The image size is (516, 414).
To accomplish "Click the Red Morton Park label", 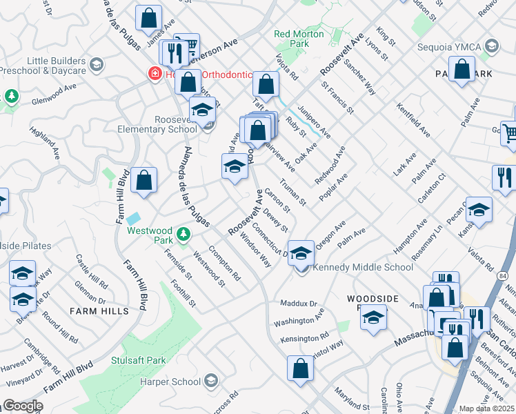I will click(x=299, y=38).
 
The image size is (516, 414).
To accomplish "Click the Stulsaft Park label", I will click(x=139, y=360).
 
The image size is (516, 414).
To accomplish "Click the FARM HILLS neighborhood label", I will click(x=99, y=311).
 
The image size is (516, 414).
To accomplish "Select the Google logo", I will click(x=23, y=406).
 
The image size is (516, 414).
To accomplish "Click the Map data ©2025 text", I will click(x=486, y=408).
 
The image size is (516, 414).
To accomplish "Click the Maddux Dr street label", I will click(x=298, y=304).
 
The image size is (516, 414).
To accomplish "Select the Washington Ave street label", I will click(x=298, y=322).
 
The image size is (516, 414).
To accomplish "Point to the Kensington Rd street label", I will click(x=304, y=339).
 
